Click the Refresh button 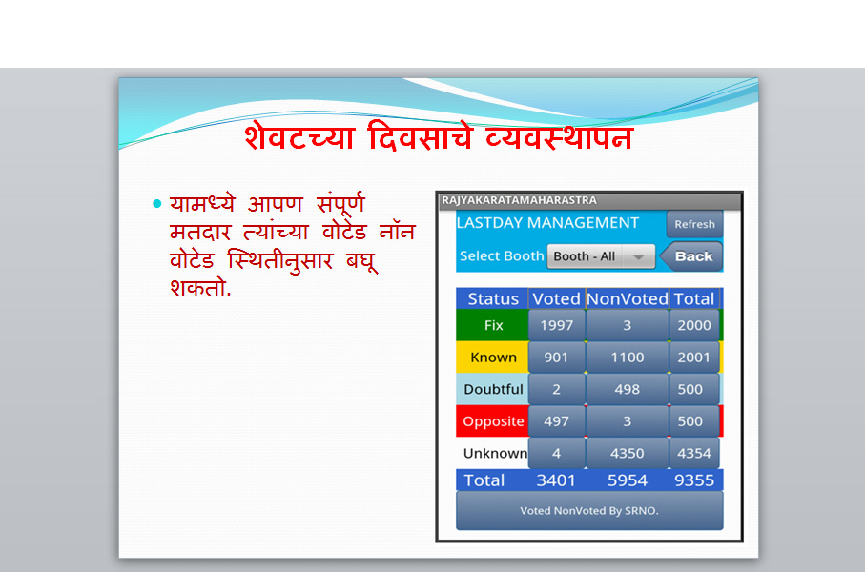click(694, 224)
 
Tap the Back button click(691, 256)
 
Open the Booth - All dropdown click(601, 256)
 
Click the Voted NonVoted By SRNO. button click(589, 511)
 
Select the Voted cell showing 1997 click(556, 325)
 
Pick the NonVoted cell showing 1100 click(628, 357)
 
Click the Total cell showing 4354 click(694, 454)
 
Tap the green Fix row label click(493, 325)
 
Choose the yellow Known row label click(493, 357)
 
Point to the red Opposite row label click(493, 421)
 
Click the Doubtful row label click(493, 389)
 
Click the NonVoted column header click(628, 299)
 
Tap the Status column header click(493, 299)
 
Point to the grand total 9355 click(694, 480)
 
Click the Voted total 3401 click(556, 480)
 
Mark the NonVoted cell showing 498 click(628, 389)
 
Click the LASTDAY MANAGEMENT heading click(547, 223)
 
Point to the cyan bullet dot click(157, 204)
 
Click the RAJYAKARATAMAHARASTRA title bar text click(519, 200)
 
